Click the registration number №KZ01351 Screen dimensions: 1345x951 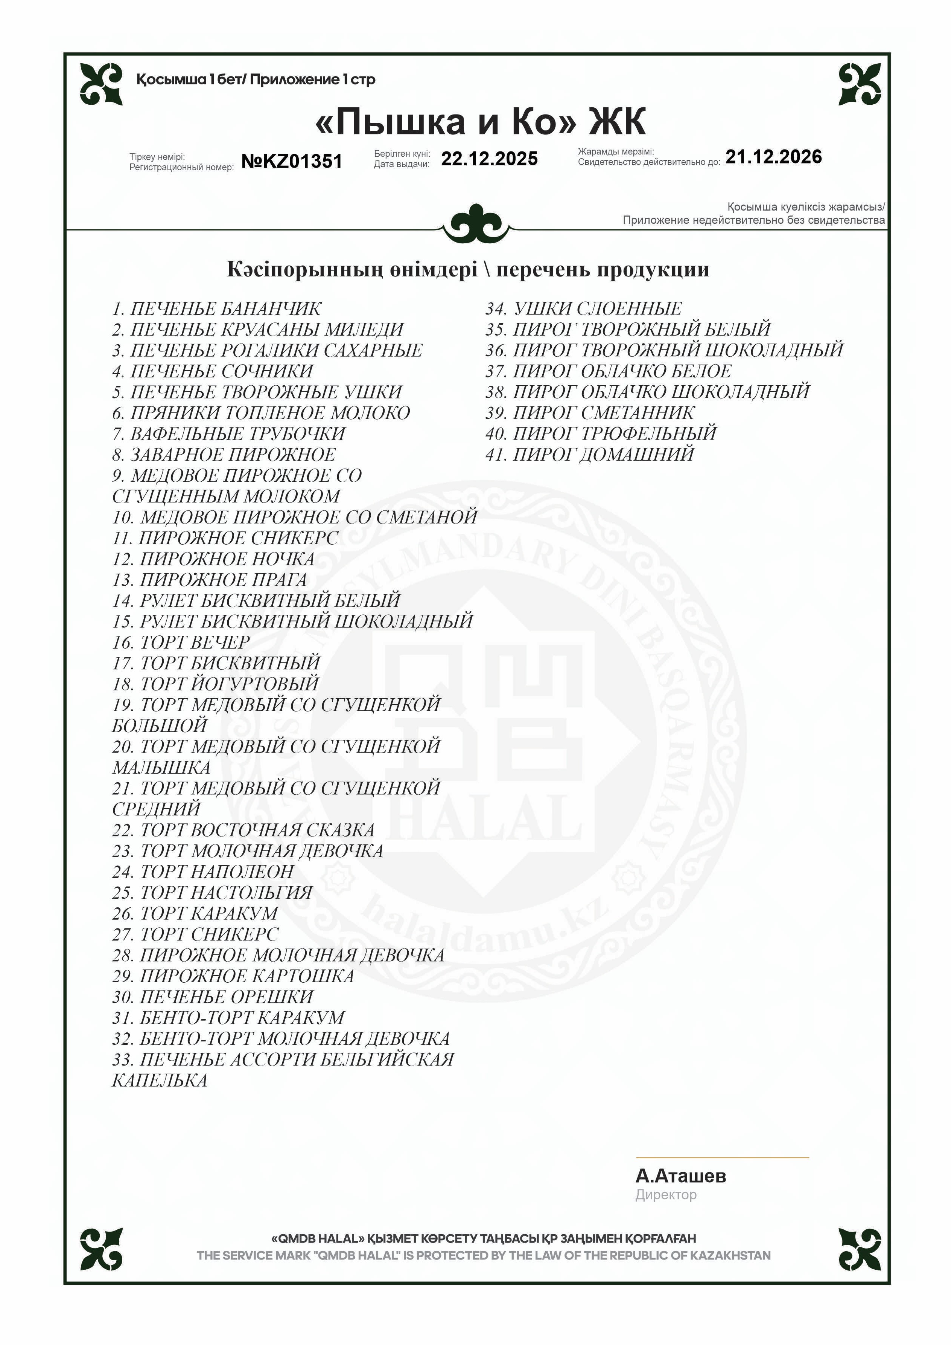coord(292,161)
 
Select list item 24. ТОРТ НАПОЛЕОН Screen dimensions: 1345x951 coord(203,872)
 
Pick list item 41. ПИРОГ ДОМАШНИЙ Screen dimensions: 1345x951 coord(589,455)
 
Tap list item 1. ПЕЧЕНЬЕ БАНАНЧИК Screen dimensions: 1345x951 coord(217,309)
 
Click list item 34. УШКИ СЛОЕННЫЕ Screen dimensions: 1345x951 coord(583,309)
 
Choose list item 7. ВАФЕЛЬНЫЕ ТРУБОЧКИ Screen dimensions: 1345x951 coord(228,434)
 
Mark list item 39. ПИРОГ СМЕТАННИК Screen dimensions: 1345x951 coord(590,413)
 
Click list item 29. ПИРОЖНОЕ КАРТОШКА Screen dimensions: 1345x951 coord(233,976)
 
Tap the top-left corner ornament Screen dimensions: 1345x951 coord(101,84)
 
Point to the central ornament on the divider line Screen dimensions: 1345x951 coord(477,223)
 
